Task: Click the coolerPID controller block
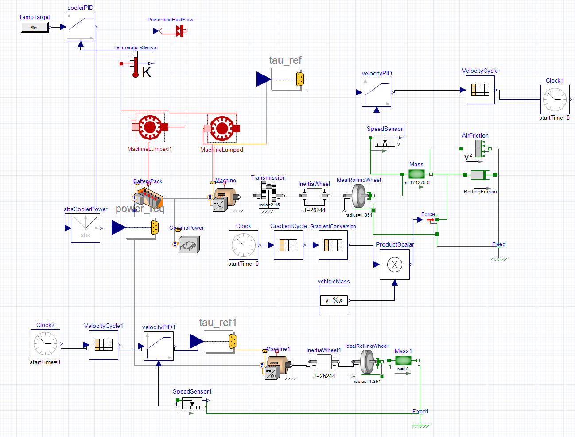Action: click(81, 27)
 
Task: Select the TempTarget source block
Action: click(35, 28)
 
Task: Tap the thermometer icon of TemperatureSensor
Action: click(136, 64)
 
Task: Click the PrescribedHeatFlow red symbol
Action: click(179, 31)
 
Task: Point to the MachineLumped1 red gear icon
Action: click(150, 127)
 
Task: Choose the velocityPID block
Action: click(377, 92)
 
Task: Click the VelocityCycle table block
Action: click(480, 90)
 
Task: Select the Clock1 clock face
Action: click(555, 99)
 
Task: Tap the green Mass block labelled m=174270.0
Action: click(416, 174)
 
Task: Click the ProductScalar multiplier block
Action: click(395, 265)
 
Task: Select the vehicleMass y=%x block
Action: click(334, 300)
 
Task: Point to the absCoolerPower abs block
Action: click(85, 228)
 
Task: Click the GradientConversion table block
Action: click(333, 245)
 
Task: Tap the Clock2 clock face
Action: click(45, 344)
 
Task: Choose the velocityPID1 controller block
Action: click(159, 346)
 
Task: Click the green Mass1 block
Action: click(403, 361)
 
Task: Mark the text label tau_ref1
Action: click(218, 323)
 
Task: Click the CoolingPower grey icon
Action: click(189, 244)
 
